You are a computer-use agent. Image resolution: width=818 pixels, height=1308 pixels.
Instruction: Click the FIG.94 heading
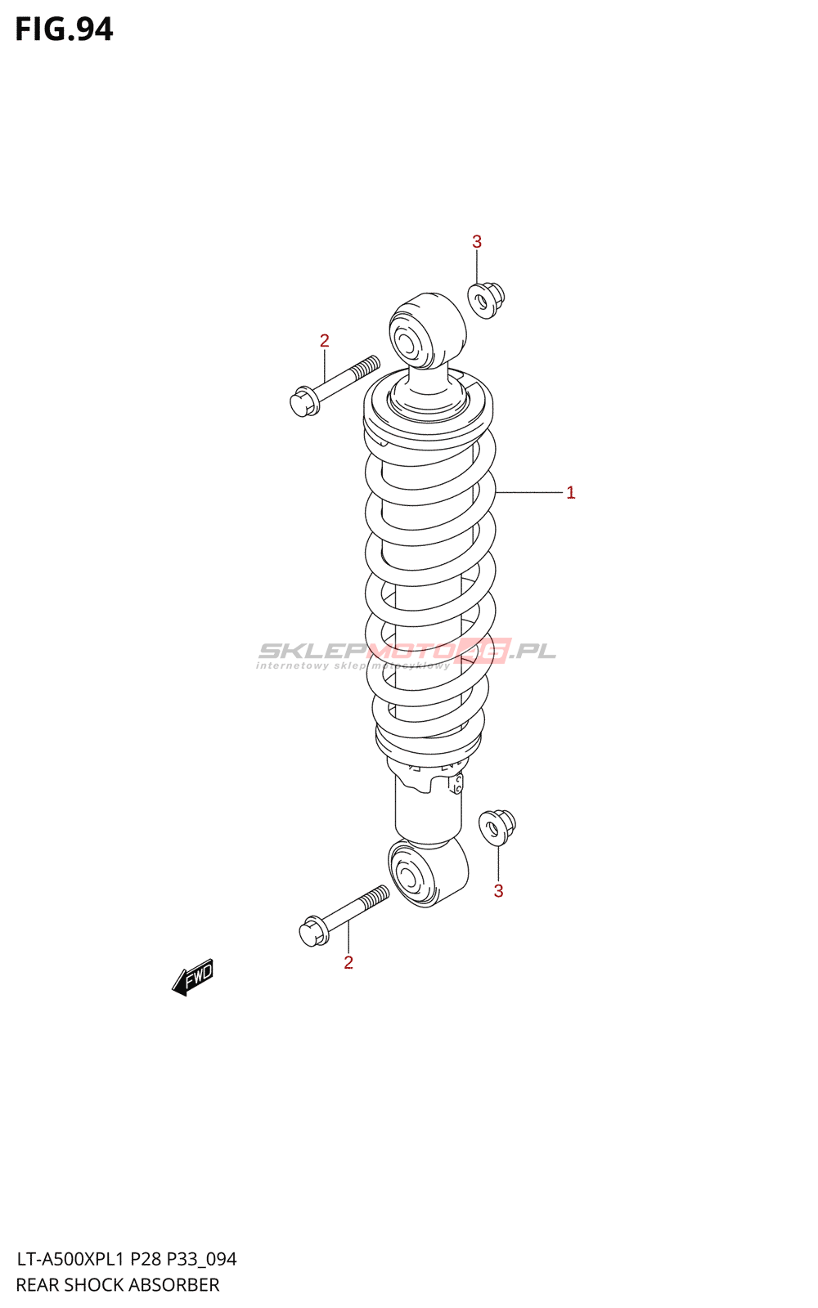pos(64,29)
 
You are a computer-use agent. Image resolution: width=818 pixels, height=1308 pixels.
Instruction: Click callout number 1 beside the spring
pos(570,493)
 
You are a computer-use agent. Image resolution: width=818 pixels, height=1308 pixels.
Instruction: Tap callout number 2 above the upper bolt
pos(325,341)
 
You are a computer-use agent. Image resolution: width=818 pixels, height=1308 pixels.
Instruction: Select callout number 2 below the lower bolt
pos(348,963)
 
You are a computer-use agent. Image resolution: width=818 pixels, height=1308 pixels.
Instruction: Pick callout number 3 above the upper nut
pos(477,242)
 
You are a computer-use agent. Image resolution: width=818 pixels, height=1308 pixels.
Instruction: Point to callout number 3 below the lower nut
pos(498,891)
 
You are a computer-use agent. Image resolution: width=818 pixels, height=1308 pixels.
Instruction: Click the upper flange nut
pos(485,299)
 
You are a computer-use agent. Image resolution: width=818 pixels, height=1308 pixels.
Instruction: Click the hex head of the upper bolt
pos(302,401)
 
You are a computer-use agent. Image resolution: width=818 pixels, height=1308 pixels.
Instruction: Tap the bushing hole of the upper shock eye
pos(407,340)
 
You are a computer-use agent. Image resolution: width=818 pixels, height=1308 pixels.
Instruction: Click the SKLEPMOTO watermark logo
pos(407,652)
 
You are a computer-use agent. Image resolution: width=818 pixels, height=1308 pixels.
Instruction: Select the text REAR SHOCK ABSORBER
pos(118,1284)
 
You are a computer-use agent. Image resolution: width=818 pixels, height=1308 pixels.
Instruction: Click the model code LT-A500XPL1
pos(70,1259)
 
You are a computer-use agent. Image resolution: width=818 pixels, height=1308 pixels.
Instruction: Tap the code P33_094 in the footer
pos(202,1259)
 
